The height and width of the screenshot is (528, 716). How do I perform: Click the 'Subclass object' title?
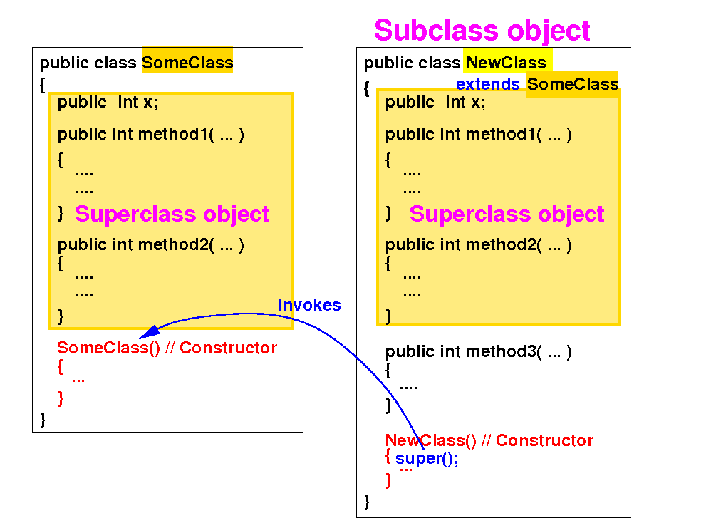point(482,31)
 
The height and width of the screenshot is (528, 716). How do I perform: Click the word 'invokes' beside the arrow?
point(309,305)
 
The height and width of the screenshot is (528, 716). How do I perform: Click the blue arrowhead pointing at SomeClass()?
point(149,332)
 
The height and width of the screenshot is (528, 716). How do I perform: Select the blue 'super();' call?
point(427,459)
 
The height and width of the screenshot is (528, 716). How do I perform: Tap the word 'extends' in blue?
point(488,84)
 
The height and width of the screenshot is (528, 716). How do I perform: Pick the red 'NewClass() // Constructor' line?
point(489,440)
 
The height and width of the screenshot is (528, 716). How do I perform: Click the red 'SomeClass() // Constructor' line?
point(167,348)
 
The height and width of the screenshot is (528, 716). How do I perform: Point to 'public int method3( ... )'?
point(478,351)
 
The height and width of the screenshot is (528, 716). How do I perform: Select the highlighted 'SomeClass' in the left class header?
point(187,63)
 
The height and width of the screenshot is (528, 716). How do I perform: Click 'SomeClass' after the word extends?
point(572,84)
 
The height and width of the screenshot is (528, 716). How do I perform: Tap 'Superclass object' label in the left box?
point(172,214)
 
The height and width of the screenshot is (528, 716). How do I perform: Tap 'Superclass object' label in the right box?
point(507,214)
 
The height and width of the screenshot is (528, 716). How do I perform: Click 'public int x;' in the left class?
point(108,102)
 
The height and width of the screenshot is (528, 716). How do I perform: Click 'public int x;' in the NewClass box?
point(435,102)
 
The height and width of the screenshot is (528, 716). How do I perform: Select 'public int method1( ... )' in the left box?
point(150,134)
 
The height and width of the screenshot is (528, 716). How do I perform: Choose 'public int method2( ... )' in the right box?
point(478,245)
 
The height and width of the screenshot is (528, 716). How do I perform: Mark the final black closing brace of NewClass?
point(367,501)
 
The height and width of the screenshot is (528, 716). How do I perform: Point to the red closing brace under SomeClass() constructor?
point(61,398)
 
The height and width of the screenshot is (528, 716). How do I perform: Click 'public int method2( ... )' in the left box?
point(150,245)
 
